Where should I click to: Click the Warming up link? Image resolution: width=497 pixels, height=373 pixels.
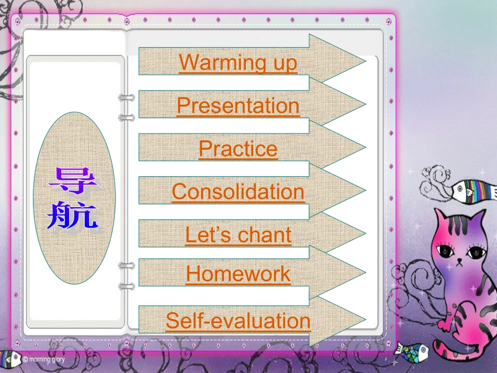(x=238, y=63)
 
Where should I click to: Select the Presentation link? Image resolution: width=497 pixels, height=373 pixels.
(x=238, y=106)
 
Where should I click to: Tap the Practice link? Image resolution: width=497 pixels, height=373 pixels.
(x=238, y=149)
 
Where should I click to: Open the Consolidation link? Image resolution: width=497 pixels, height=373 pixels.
(x=238, y=192)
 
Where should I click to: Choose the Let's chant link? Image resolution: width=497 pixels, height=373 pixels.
(x=238, y=235)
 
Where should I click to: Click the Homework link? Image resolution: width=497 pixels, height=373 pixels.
(x=238, y=274)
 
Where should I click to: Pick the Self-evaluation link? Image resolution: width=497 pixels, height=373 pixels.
(x=238, y=320)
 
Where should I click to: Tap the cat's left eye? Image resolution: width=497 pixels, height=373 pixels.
(x=447, y=250)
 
